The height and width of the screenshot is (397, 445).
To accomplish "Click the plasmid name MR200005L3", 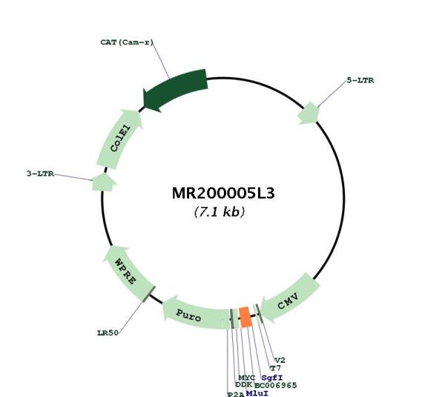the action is (223, 194).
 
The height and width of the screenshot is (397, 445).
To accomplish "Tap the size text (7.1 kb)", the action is (219, 211).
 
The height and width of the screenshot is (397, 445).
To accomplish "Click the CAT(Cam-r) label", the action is (127, 42).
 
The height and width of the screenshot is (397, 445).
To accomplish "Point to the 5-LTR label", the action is (360, 80).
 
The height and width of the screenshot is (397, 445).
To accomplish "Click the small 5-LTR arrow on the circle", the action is (309, 114).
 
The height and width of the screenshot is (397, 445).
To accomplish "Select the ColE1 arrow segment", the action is (119, 139).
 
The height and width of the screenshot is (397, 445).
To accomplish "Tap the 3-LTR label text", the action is (40, 174).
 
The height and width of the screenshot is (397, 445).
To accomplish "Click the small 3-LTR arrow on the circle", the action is (104, 182).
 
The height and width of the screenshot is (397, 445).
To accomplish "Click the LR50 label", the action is (108, 333).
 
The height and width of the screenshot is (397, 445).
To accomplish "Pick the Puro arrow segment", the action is (196, 313).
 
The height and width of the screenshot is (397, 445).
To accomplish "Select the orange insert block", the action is (245, 317).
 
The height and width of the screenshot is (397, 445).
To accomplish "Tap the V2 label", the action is (280, 361).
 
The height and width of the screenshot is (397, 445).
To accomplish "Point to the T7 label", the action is (275, 368).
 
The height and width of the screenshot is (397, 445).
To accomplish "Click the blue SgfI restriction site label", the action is (272, 378).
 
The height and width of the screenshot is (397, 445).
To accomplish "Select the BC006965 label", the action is (275, 385).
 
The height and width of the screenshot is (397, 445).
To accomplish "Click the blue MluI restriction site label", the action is (257, 393).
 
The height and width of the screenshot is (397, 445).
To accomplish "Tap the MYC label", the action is (247, 378).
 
